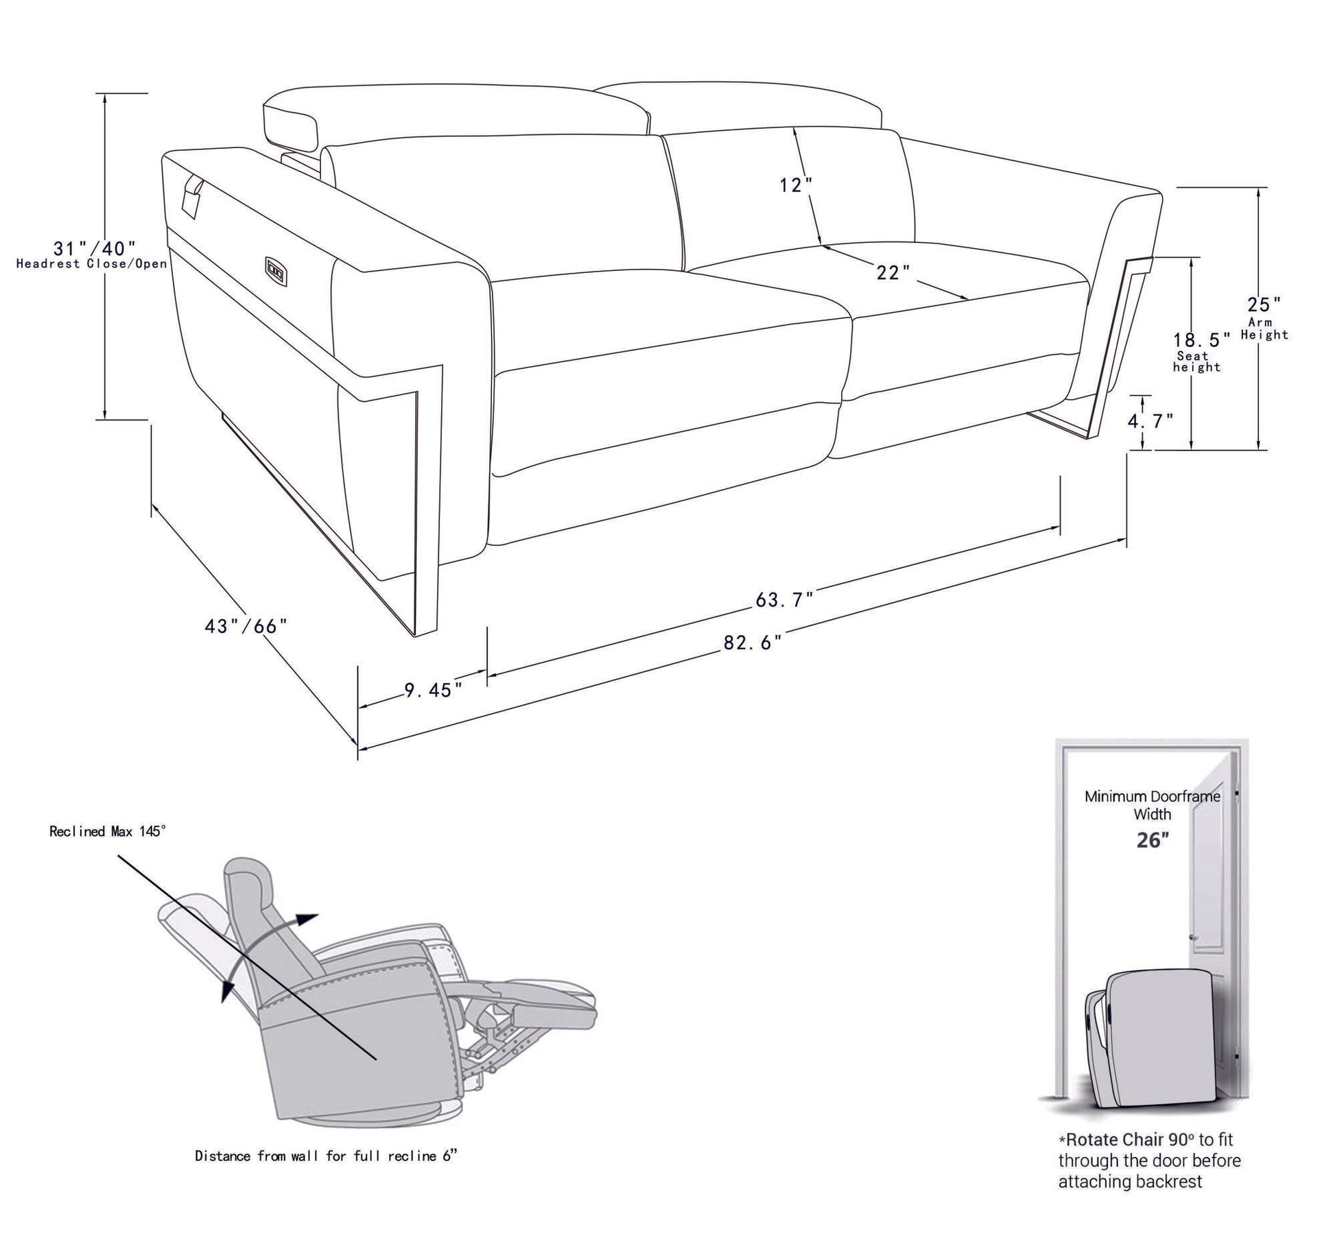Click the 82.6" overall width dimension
coord(752,643)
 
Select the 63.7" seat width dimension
coord(784,599)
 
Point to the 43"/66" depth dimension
coord(246,626)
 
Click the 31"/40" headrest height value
coord(95,247)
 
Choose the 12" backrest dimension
coord(795,184)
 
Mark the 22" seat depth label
coord(893,272)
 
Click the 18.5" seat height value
coord(1201,339)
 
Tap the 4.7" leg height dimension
coord(1150,421)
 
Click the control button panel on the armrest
coord(275,269)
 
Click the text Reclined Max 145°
coord(108,831)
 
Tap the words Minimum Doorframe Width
coord(1152,805)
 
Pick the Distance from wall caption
coord(326,1155)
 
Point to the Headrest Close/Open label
coord(91,263)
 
